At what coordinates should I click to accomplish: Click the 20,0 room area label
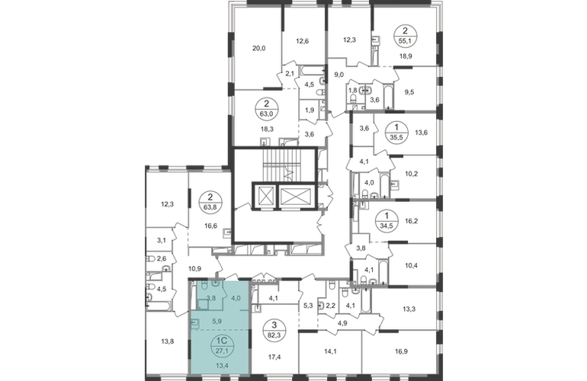(258, 48)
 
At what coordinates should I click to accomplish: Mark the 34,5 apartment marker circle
(387, 221)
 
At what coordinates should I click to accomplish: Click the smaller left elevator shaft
(264, 196)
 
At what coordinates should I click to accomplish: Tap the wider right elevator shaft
(295, 196)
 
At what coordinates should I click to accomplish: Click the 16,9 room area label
(401, 351)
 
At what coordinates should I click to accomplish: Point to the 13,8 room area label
(168, 341)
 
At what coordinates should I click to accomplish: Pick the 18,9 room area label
(405, 56)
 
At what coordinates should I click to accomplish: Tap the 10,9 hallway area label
(194, 268)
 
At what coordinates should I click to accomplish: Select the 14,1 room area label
(322, 351)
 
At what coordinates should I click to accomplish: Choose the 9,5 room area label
(409, 91)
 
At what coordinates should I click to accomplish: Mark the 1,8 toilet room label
(353, 90)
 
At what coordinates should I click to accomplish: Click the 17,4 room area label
(274, 357)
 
